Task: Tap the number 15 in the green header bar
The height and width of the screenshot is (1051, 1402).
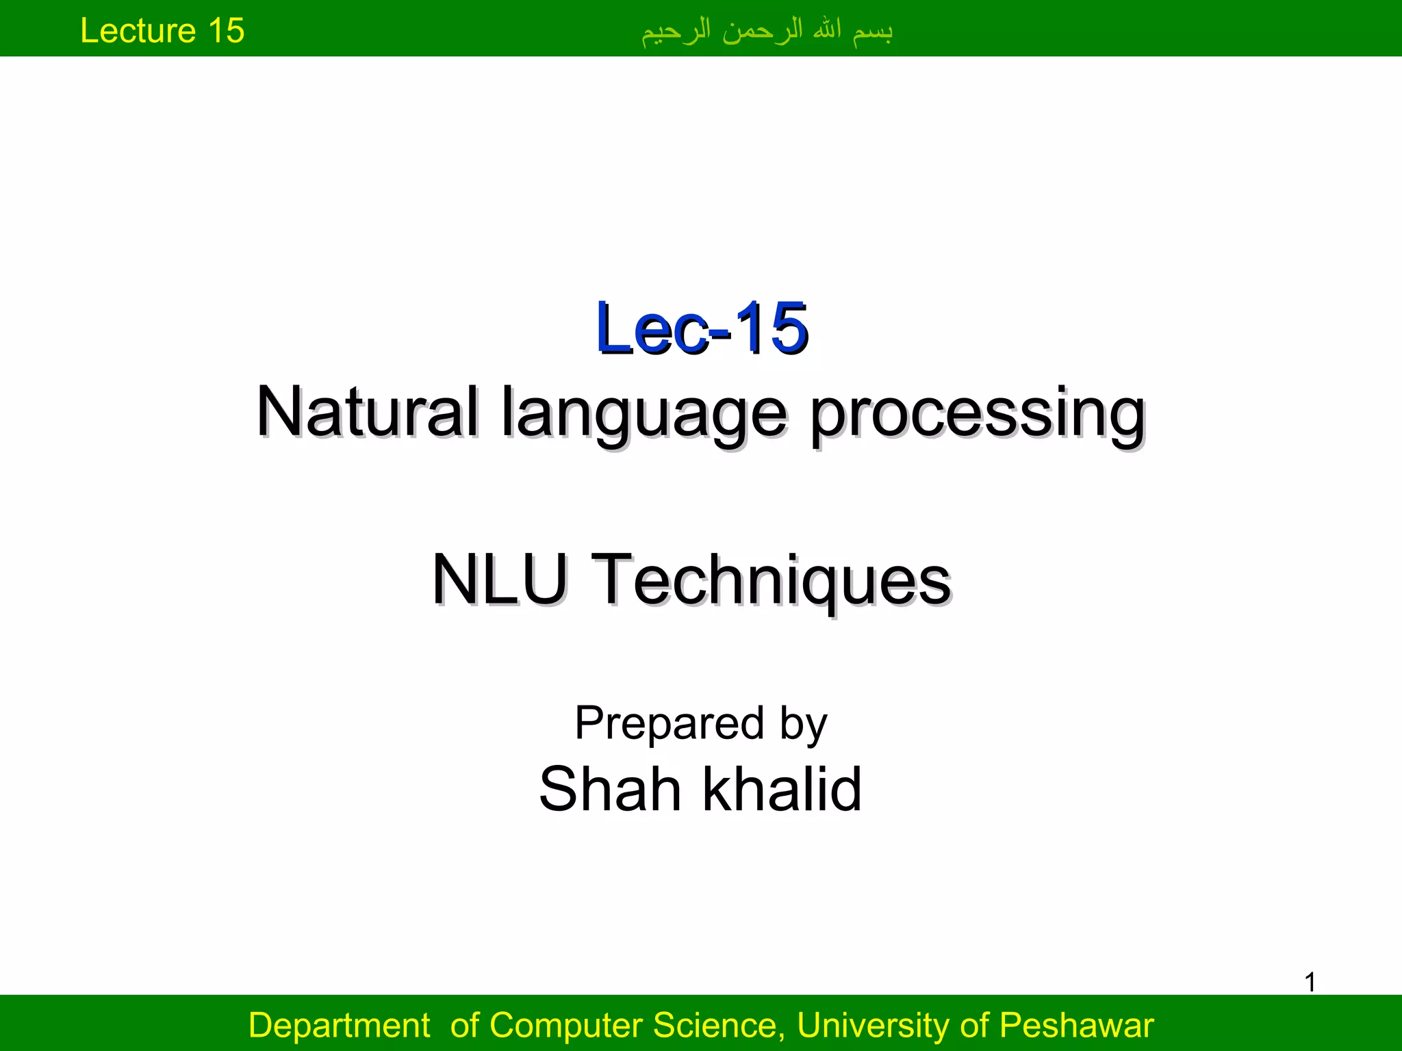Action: point(226,31)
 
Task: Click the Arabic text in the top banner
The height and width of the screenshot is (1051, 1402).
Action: point(767,31)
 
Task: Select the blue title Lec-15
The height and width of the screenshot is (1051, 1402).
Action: point(702,329)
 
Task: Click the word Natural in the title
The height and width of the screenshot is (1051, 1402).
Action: point(367,412)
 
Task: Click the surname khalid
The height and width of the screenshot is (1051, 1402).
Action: point(782,790)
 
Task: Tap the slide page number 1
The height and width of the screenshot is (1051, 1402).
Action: point(1310,983)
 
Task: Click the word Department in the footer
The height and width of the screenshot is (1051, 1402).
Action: point(339,1026)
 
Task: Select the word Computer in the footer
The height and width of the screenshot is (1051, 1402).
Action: point(568,1026)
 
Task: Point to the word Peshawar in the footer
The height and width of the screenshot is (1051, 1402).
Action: point(1076,1026)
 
